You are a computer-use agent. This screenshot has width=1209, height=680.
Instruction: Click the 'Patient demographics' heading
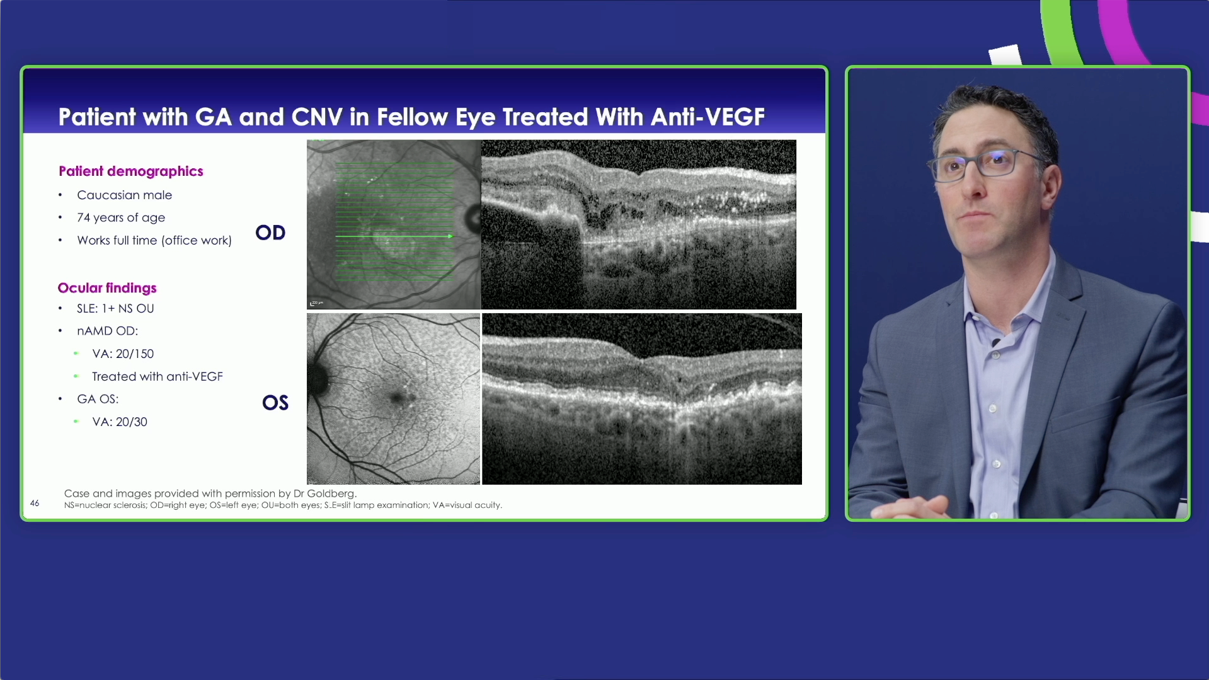click(131, 171)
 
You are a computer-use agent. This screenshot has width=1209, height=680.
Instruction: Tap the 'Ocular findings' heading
click(107, 288)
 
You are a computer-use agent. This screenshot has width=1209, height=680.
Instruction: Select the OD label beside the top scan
click(270, 233)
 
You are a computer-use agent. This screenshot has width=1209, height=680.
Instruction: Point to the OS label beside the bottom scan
click(275, 403)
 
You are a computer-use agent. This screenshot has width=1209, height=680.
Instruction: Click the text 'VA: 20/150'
click(123, 354)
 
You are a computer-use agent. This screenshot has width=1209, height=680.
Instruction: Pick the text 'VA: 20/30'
click(120, 422)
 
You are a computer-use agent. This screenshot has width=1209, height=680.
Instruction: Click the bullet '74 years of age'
click(121, 217)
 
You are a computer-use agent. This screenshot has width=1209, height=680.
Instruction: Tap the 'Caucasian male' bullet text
click(124, 195)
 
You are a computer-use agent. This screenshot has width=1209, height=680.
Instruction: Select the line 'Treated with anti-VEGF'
click(158, 376)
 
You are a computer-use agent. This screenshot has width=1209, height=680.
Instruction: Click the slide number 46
click(35, 503)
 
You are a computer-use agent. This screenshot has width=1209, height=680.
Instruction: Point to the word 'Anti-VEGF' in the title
click(708, 117)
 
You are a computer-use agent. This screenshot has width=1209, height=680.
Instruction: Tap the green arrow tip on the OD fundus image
click(450, 236)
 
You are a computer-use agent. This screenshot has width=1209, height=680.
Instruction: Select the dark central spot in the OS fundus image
click(398, 398)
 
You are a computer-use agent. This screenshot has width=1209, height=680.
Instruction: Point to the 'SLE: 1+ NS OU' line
click(115, 308)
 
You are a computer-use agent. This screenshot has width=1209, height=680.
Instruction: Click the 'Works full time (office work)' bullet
click(154, 240)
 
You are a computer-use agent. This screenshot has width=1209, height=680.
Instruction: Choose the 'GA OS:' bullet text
click(98, 399)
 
